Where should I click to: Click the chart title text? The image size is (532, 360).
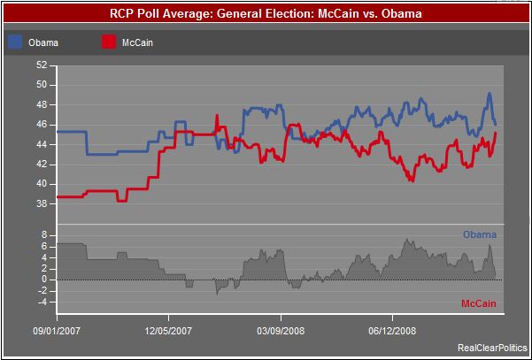coord(266,14)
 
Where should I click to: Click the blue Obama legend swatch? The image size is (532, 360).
coord(15,42)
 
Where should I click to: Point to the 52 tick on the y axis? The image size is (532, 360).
coord(42,65)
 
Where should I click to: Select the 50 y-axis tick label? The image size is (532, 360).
coord(42,85)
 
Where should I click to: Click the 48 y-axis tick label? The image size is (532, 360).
coord(42,105)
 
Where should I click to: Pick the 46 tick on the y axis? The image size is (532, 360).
coord(42,125)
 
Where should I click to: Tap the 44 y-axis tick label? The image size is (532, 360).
coord(42,144)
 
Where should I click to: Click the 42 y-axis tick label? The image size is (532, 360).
coord(42,165)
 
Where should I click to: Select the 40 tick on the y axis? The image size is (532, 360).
coord(42,184)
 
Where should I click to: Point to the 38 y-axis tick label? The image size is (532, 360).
coord(42,203)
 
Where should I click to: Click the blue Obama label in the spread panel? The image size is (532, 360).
coord(480,234)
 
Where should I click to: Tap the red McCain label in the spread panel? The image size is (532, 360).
coord(479,304)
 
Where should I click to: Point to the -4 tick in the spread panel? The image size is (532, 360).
coord(42,302)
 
